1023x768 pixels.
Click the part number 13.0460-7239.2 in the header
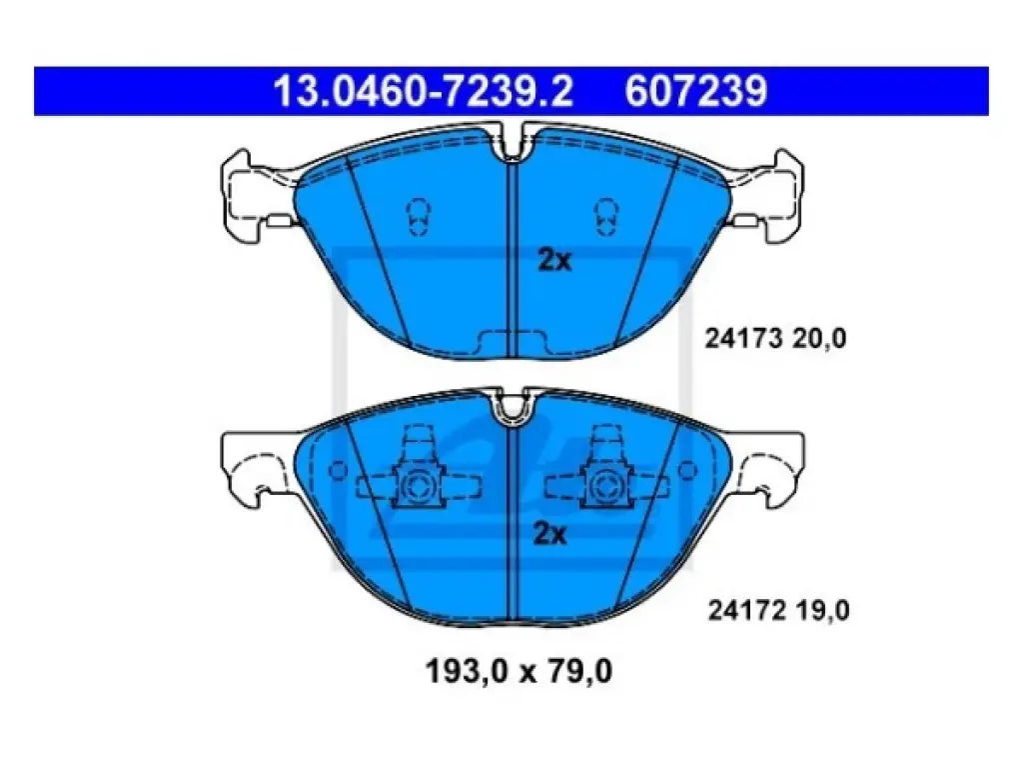pos(423,90)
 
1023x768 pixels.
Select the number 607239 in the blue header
pos(696,90)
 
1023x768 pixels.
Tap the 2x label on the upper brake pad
pos(553,260)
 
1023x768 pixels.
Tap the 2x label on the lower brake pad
pos(550,534)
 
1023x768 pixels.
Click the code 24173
pos(743,338)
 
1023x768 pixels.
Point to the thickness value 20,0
pos(819,339)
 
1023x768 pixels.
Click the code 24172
pos(746,611)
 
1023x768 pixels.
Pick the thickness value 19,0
pos(823,611)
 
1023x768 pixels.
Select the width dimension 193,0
pos(466,671)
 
